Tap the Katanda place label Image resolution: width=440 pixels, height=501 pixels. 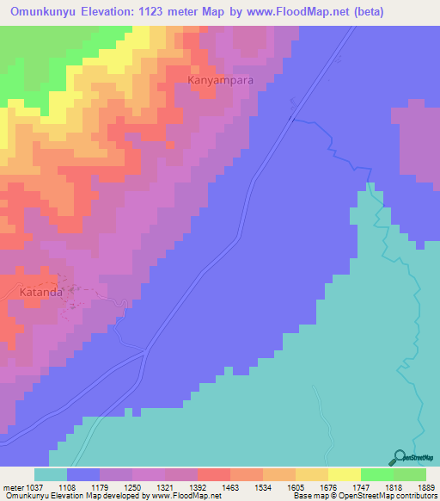(40, 292)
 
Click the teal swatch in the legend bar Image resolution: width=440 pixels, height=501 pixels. (51, 475)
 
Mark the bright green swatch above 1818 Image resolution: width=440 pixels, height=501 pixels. (377, 475)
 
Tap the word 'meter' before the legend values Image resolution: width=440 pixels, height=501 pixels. (12, 487)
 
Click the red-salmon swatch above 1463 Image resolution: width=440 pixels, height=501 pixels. (214, 475)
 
